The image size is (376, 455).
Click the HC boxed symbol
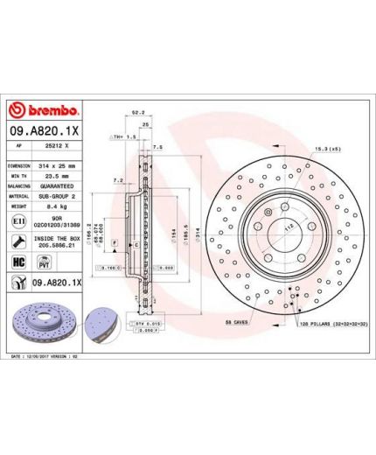[18, 262]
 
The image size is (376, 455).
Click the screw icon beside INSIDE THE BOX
[18, 243]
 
